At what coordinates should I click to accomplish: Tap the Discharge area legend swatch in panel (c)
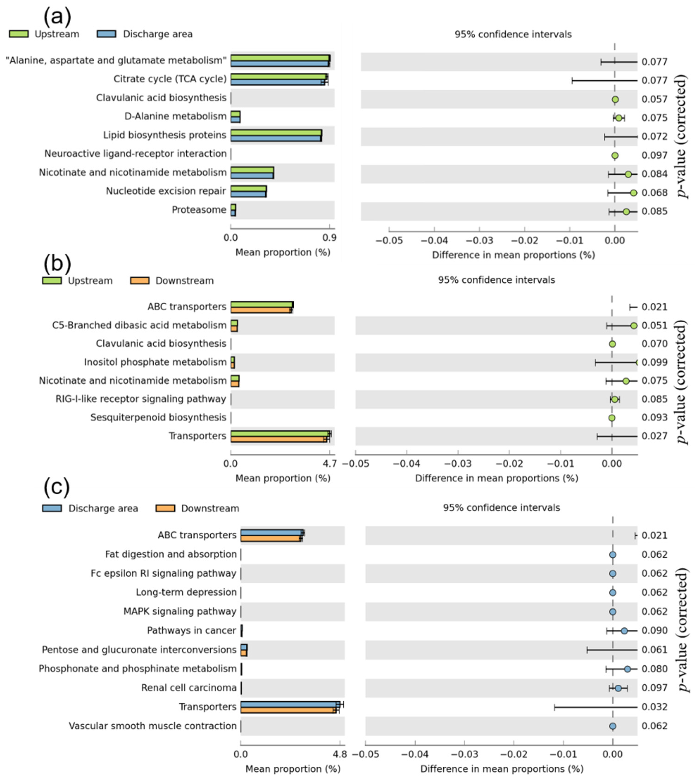click(x=52, y=508)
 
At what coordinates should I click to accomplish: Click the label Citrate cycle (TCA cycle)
click(x=170, y=79)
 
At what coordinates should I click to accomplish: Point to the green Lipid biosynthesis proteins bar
click(x=276, y=132)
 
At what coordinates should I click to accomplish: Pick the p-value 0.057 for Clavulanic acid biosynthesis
click(x=654, y=99)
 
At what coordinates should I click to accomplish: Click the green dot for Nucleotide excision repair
click(x=633, y=193)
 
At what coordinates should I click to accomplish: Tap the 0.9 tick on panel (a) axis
click(x=329, y=238)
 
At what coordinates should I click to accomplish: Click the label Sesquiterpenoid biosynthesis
click(x=158, y=417)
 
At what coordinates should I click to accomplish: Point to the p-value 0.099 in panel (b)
click(x=654, y=362)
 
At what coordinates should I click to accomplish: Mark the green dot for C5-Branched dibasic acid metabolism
click(x=633, y=326)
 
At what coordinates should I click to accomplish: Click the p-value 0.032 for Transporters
click(x=654, y=707)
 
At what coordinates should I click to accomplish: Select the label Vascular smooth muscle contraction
click(x=152, y=726)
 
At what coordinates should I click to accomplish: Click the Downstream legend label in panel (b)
click(x=185, y=281)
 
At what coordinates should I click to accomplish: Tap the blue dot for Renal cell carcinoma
click(x=618, y=688)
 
